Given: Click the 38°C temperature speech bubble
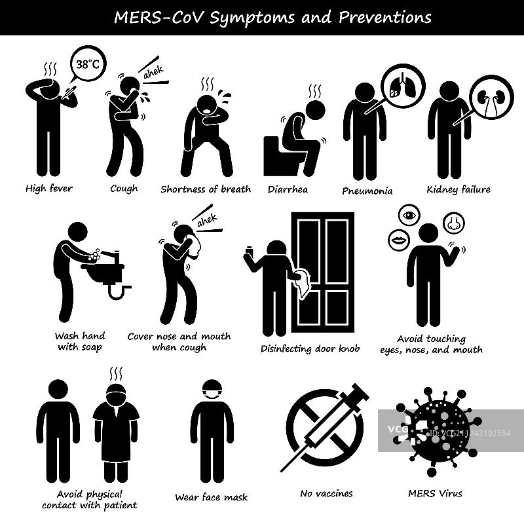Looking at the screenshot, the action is click(x=88, y=64).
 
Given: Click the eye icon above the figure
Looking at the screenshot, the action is click(x=409, y=215).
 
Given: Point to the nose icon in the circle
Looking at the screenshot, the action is click(x=453, y=223).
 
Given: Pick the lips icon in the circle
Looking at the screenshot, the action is click(x=399, y=240).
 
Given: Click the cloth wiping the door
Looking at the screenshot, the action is click(x=303, y=282).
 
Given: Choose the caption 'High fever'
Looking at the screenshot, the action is click(x=48, y=189).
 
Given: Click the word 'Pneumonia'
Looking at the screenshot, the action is click(x=367, y=191).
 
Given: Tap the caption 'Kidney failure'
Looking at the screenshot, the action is click(x=458, y=189).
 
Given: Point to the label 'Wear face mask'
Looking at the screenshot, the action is click(x=211, y=497).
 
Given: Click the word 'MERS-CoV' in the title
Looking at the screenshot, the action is click(x=159, y=18).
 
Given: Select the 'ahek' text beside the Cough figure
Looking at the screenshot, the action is click(x=153, y=73).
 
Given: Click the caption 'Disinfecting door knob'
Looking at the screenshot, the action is click(x=310, y=348).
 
